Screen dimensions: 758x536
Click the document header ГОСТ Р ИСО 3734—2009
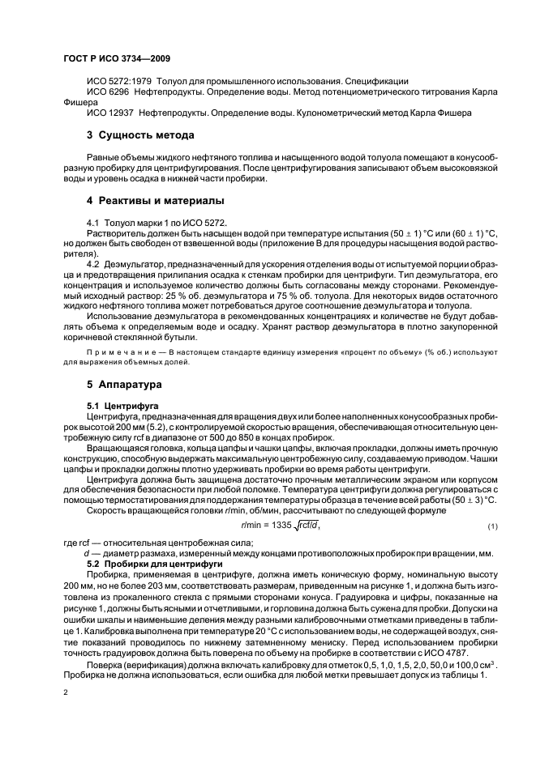117,59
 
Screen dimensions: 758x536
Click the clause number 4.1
92,222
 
